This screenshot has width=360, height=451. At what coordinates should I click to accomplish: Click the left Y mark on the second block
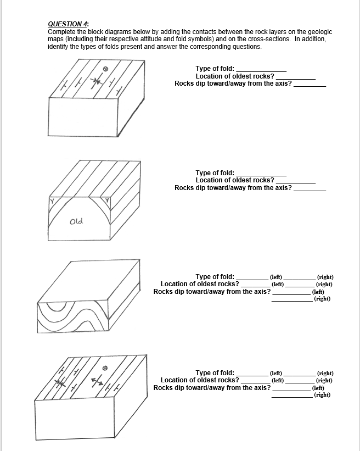[x=53, y=202]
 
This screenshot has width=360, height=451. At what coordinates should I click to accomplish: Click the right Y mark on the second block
[x=108, y=202]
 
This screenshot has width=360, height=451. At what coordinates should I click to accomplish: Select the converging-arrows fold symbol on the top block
[x=97, y=81]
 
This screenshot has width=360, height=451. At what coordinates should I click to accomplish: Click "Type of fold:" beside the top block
[x=215, y=68]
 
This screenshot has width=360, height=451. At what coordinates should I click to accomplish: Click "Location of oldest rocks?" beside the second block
[x=235, y=180]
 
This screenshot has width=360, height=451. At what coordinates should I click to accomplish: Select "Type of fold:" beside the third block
[x=215, y=276]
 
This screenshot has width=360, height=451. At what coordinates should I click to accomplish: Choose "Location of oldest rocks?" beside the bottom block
[x=200, y=380]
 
